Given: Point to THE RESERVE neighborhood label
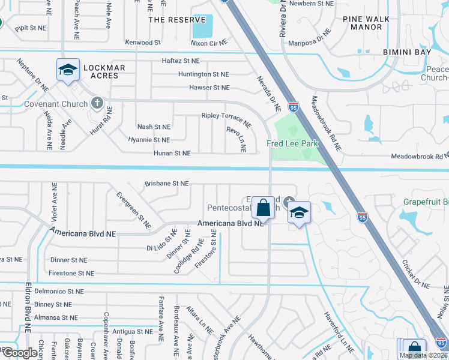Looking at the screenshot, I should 172,19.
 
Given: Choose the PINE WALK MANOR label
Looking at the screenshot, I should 363,23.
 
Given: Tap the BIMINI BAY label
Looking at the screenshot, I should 407,53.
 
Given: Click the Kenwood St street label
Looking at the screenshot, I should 143,43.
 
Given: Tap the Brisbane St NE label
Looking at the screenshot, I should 167,184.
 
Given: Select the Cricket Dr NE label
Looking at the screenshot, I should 415,273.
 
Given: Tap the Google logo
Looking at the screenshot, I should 20,352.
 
